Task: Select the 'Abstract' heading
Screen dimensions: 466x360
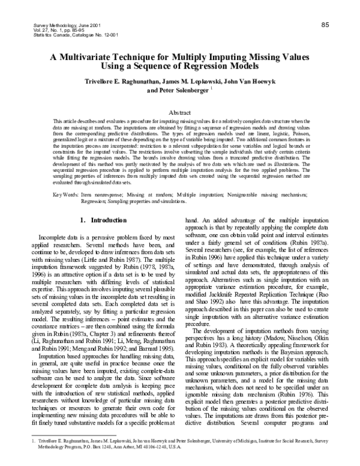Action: [x=180, y=112]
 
